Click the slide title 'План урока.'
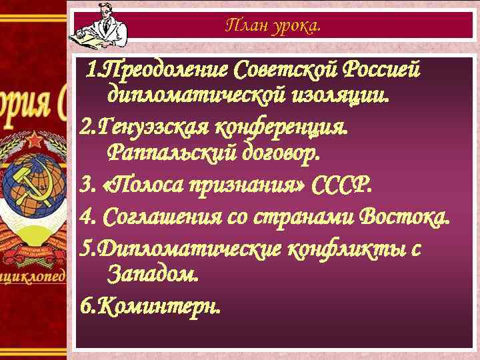click(x=273, y=26)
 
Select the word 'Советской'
click(x=286, y=69)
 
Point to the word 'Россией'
click(x=383, y=69)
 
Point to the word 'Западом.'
click(x=152, y=273)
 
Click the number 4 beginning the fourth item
click(x=85, y=217)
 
